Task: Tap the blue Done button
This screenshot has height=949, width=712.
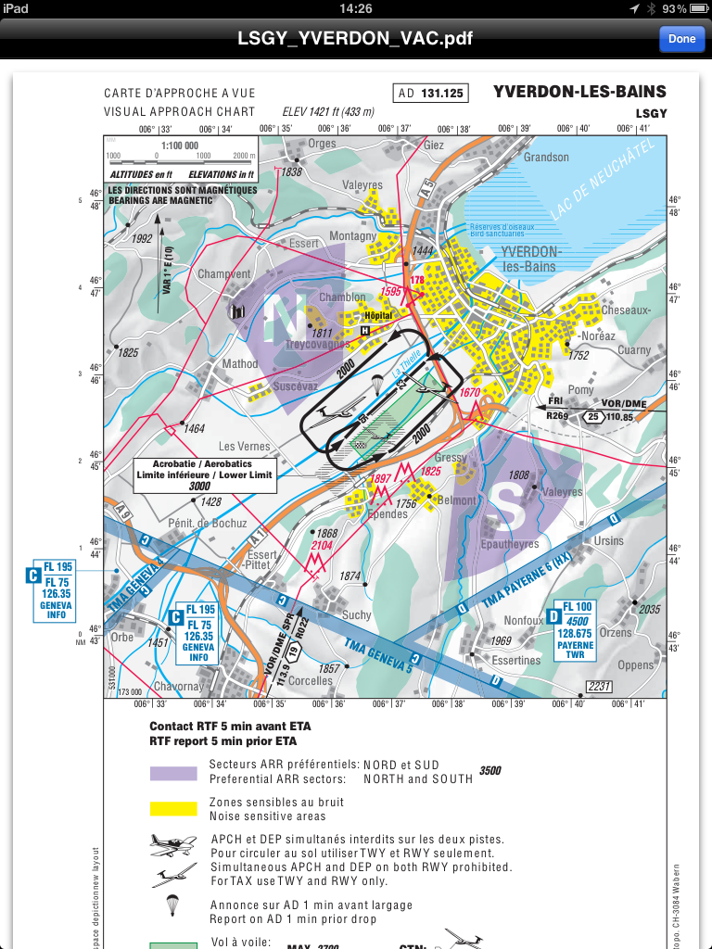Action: click(681, 39)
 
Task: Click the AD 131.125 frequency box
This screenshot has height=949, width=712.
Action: click(431, 94)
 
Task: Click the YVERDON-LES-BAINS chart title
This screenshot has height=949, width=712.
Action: click(579, 92)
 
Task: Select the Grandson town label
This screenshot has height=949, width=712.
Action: click(546, 158)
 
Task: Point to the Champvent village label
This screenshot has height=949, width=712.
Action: click(224, 274)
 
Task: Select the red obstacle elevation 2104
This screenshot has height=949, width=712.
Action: click(321, 546)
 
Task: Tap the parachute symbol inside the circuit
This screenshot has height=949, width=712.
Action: click(377, 384)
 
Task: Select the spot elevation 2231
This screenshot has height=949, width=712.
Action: click(599, 686)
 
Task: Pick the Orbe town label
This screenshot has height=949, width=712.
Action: click(122, 638)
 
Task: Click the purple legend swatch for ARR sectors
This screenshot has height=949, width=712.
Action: click(173, 773)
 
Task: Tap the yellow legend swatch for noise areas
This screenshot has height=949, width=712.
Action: click(173, 808)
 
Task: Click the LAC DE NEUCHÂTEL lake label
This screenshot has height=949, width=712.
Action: click(603, 181)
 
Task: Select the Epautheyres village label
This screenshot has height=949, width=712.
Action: click(510, 544)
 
